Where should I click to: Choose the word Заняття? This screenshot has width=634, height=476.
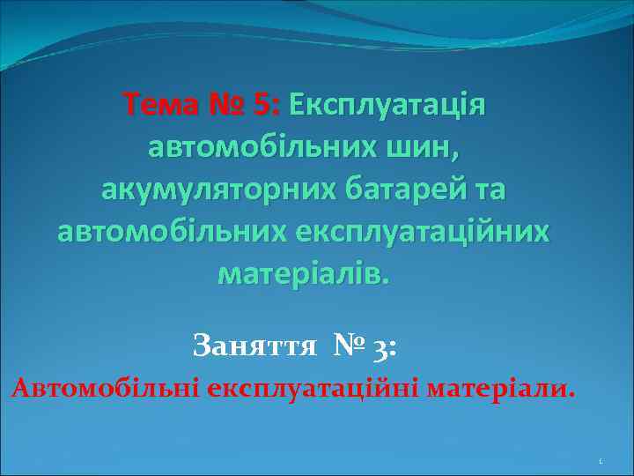pos(254,345)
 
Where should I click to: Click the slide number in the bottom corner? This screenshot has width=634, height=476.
pos(600,461)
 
